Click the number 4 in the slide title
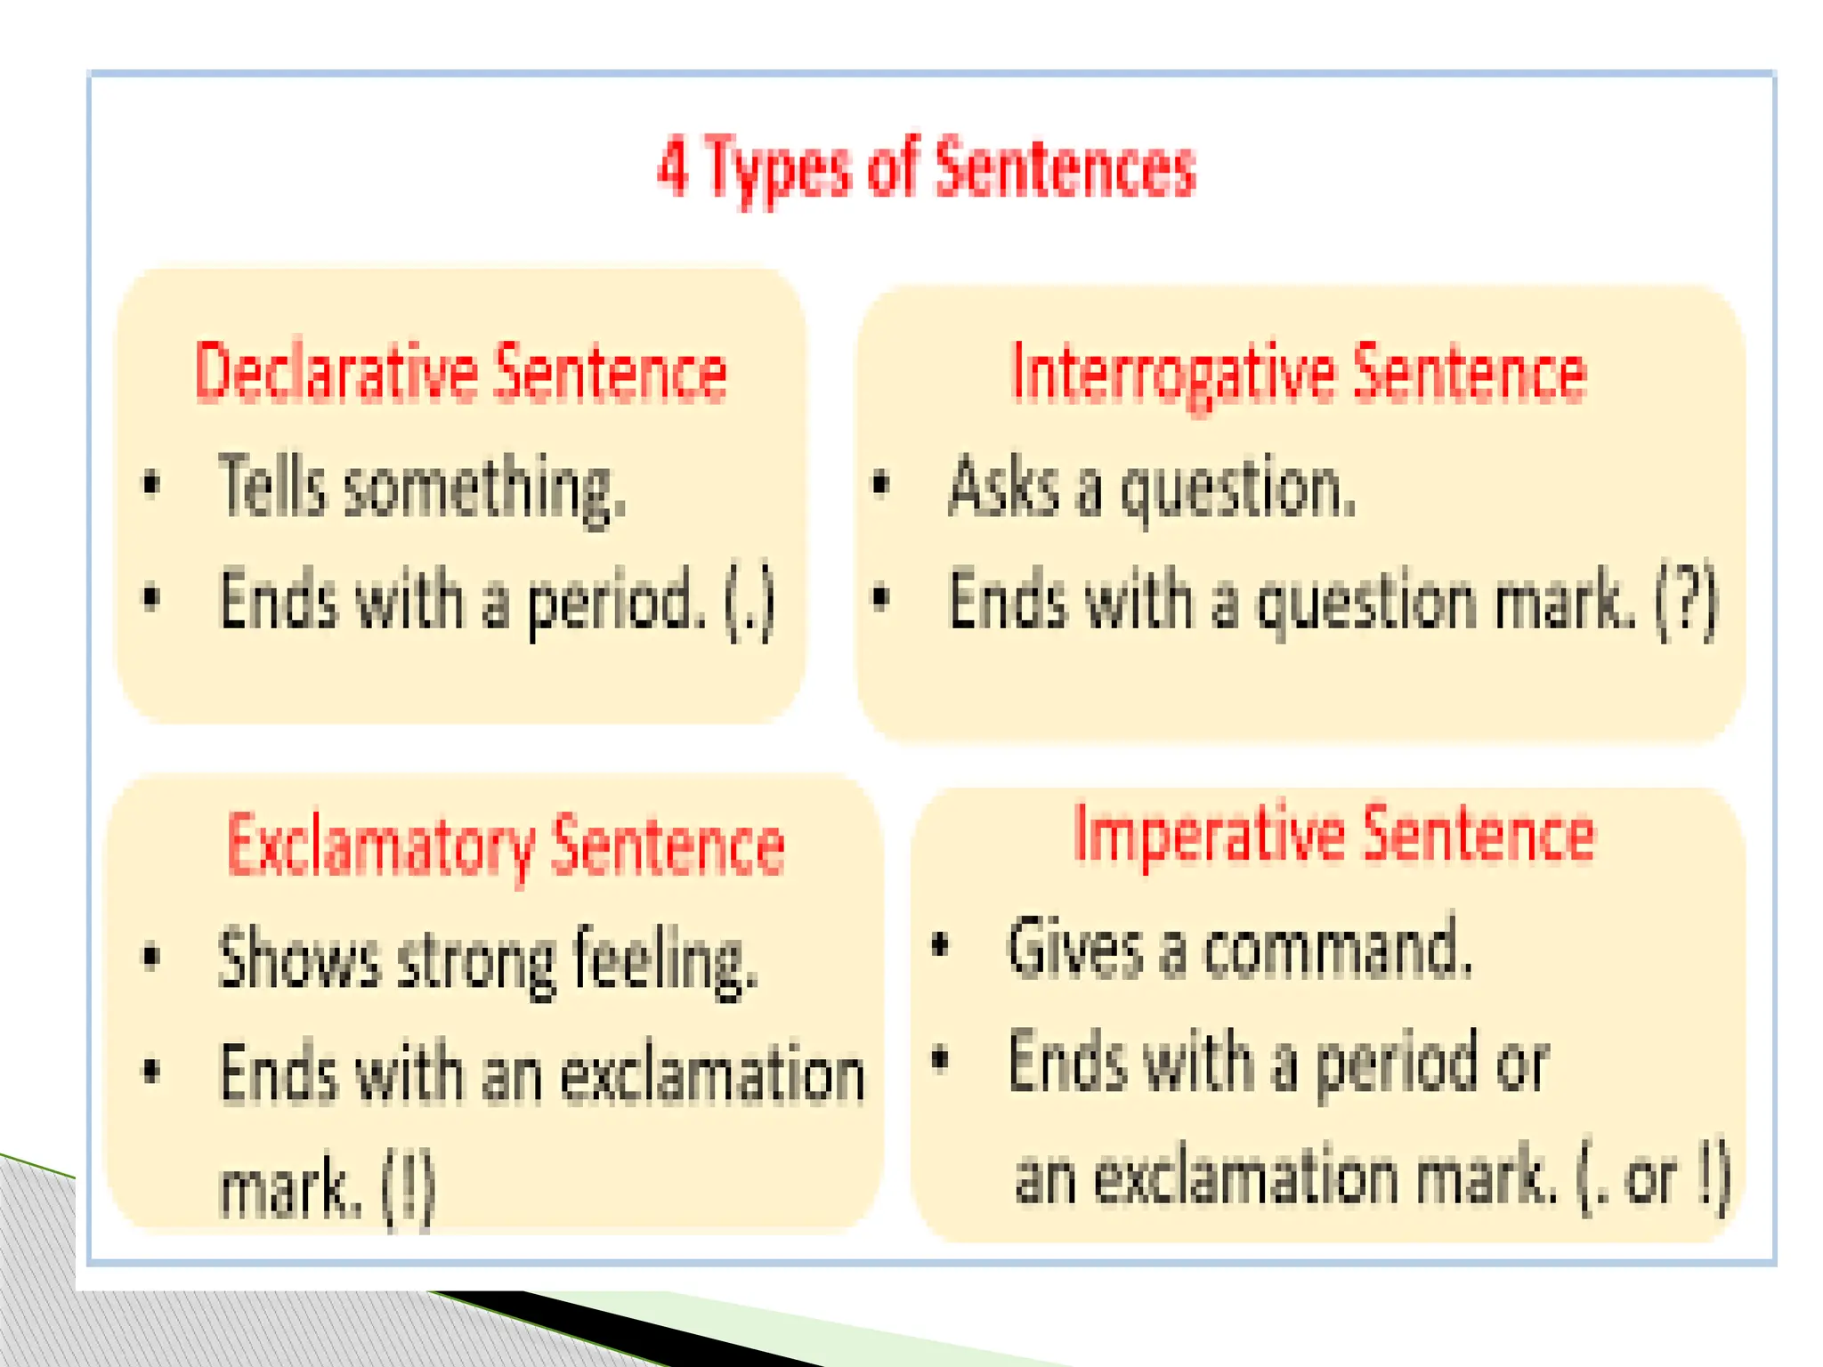pos(673,166)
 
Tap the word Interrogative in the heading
pos(1172,374)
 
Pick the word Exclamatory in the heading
pos(380,846)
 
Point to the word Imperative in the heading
pos(1210,835)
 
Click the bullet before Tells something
pos(152,485)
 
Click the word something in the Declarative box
pos(485,489)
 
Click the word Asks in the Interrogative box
pos(1003,487)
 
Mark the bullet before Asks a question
pos(880,485)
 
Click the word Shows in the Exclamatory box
pos(299,959)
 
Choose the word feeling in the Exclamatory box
pos(665,961)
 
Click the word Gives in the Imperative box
pos(1074,949)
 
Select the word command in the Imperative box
pos(1337,949)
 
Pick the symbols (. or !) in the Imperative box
pos(1653,1177)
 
